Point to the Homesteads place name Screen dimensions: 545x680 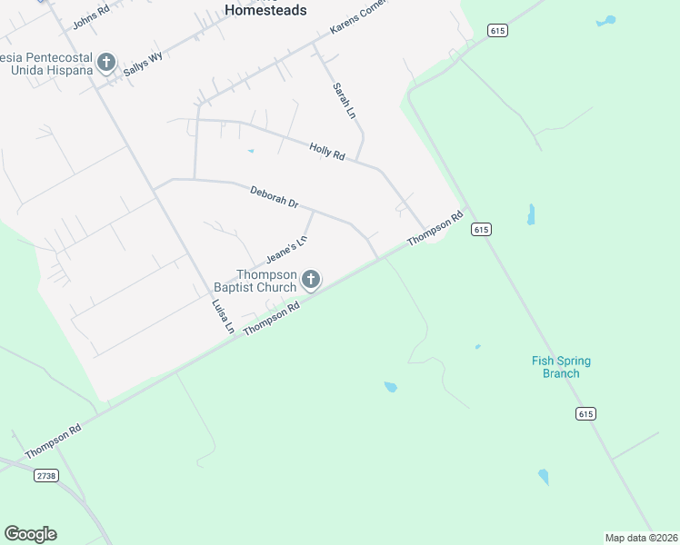tap(265, 10)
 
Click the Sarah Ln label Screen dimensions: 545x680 tap(342, 101)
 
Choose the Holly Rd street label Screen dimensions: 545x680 tap(326, 152)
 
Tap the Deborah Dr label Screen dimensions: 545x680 tap(275, 197)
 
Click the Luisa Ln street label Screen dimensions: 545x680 tap(223, 318)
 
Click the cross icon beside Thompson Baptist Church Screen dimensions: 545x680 tap(311, 280)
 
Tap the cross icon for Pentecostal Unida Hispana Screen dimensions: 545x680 tap(106, 63)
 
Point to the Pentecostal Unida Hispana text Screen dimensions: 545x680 tap(45, 63)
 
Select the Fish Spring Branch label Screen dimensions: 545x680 tap(561, 367)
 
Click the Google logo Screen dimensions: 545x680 tap(30, 534)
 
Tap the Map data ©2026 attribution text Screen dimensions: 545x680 tap(641, 538)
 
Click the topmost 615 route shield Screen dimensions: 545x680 tap(496, 31)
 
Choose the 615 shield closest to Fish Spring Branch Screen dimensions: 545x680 tap(585, 413)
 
